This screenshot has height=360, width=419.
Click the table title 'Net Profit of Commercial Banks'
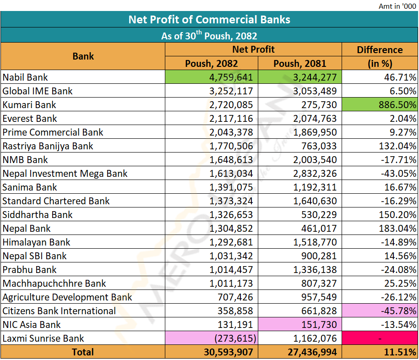pos(209,20)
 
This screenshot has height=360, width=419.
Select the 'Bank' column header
pos(83,56)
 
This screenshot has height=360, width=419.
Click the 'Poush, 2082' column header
pos(211,64)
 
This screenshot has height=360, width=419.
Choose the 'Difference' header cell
pos(380,50)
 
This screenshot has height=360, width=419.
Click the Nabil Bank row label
pos(25,77)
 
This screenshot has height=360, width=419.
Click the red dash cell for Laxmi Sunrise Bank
pos(380,338)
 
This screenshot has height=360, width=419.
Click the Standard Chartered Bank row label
pos(56,201)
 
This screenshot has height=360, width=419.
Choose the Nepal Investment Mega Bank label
pos(65,174)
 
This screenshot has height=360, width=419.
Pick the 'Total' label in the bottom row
pos(83,352)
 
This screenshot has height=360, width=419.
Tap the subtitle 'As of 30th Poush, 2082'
pos(209,36)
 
